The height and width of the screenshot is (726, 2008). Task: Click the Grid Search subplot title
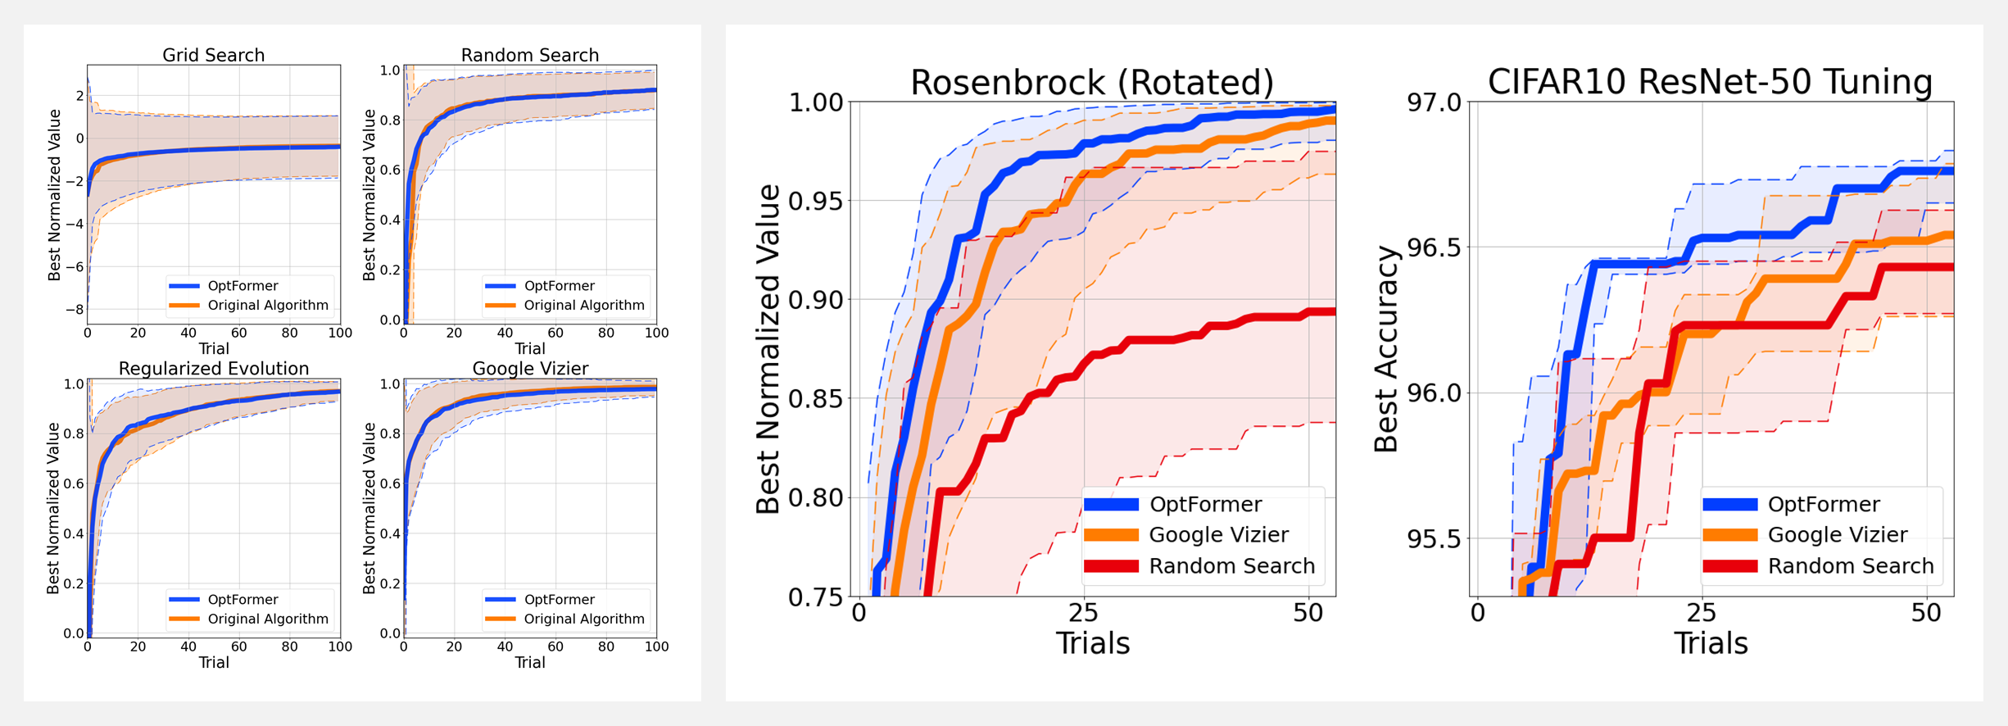213,55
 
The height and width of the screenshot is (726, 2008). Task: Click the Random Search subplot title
529,55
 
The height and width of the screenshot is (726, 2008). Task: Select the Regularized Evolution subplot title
213,369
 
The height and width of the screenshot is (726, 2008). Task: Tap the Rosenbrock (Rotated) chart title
1092,83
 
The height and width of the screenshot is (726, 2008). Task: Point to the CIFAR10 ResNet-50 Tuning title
1710,82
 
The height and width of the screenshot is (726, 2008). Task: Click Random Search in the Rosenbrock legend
1231,566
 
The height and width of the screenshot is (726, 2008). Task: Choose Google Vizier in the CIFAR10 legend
1838,535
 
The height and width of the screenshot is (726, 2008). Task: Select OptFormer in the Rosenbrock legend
1205,504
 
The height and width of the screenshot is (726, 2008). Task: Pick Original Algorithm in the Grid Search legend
267,306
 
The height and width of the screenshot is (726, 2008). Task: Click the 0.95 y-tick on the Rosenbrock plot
815,201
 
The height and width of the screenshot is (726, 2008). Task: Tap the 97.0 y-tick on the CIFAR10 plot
1434,102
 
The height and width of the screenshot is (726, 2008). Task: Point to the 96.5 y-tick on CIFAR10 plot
1434,247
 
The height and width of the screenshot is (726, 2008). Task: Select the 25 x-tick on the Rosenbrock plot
1083,613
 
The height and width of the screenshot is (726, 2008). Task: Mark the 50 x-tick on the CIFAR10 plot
1926,613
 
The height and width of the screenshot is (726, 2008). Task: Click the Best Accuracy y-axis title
1386,349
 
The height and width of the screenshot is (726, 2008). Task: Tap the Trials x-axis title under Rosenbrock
1092,644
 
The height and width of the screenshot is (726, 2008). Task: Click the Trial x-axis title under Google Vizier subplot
529,663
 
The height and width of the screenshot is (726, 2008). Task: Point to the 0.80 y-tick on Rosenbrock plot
815,497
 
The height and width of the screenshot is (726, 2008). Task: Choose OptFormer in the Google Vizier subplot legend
559,600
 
